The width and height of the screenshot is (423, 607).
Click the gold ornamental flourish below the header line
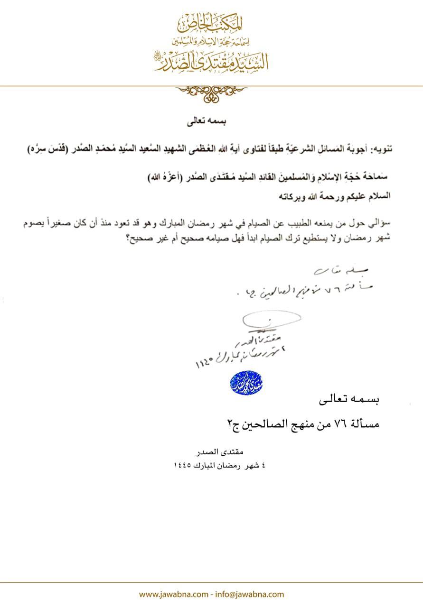[x=211, y=92]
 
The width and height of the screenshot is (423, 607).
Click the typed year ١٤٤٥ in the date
[x=184, y=466]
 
